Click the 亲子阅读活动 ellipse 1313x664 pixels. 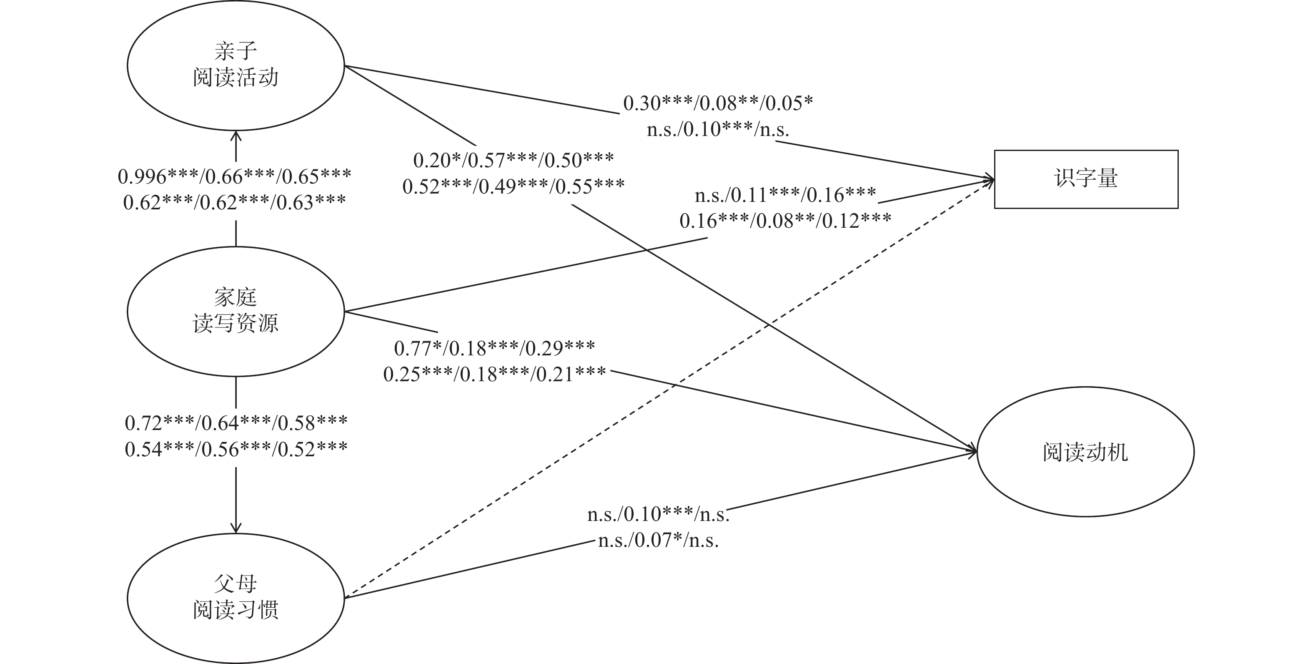click(236, 65)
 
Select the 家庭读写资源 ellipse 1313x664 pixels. click(236, 311)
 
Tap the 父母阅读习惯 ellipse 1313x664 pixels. click(236, 598)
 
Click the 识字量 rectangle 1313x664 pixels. click(1086, 179)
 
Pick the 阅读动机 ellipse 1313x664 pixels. click(1085, 452)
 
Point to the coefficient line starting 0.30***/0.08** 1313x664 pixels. click(718, 103)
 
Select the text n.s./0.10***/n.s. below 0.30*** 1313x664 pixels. click(718, 130)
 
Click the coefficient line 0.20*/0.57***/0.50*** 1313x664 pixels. click(513, 161)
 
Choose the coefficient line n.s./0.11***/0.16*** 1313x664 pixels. click(785, 194)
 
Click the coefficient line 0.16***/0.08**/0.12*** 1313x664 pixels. click(785, 220)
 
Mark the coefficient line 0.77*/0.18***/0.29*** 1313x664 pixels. click(494, 348)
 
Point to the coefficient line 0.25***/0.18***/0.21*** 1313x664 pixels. click(494, 374)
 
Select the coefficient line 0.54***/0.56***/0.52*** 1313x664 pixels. click(236, 449)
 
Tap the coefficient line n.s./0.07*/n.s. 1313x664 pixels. click(658, 540)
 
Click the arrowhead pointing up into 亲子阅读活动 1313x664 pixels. click(236, 135)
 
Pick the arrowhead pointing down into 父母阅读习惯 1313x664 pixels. click(236, 528)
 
